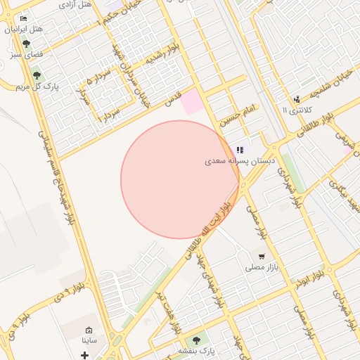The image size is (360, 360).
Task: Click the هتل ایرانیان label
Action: [24, 30]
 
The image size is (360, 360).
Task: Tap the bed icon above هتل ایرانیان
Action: [24, 18]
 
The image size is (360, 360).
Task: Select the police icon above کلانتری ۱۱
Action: [297, 99]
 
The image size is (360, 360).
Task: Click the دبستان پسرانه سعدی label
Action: [241, 161]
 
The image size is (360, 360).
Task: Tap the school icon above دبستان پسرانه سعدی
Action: [240, 149]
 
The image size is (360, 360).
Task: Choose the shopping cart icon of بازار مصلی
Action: [262, 257]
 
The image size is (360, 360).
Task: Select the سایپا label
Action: [89, 340]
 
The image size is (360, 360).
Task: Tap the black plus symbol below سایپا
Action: [85, 356]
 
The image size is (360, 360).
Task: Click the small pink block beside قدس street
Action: [191, 104]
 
